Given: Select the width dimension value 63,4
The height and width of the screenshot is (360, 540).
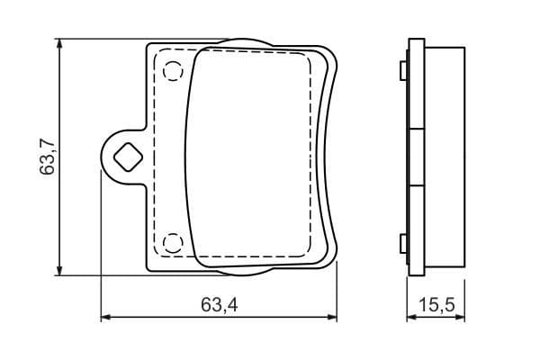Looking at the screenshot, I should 219,306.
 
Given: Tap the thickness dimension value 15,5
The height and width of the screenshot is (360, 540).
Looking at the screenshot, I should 436,306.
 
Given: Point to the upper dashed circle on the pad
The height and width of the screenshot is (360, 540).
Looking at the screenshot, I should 172,69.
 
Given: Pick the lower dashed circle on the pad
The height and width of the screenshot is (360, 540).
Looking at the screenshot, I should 172,242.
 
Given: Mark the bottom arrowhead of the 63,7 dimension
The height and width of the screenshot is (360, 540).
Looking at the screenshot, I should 60,269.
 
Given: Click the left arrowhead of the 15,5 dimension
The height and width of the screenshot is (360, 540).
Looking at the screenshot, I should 412,317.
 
